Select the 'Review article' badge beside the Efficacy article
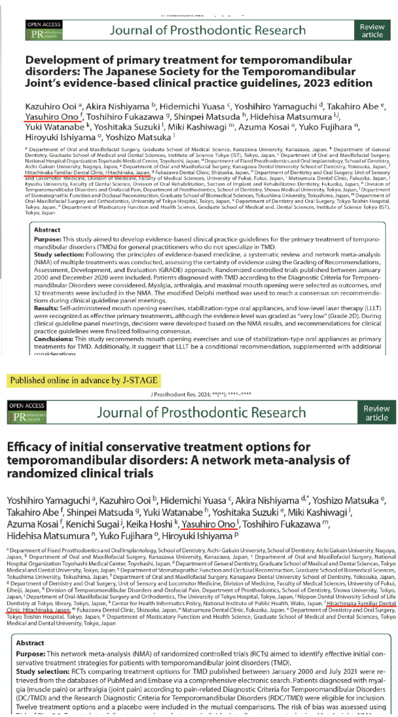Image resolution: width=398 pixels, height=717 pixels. pos(376,412)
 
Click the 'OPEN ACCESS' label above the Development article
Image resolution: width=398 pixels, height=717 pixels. pos(43,24)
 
